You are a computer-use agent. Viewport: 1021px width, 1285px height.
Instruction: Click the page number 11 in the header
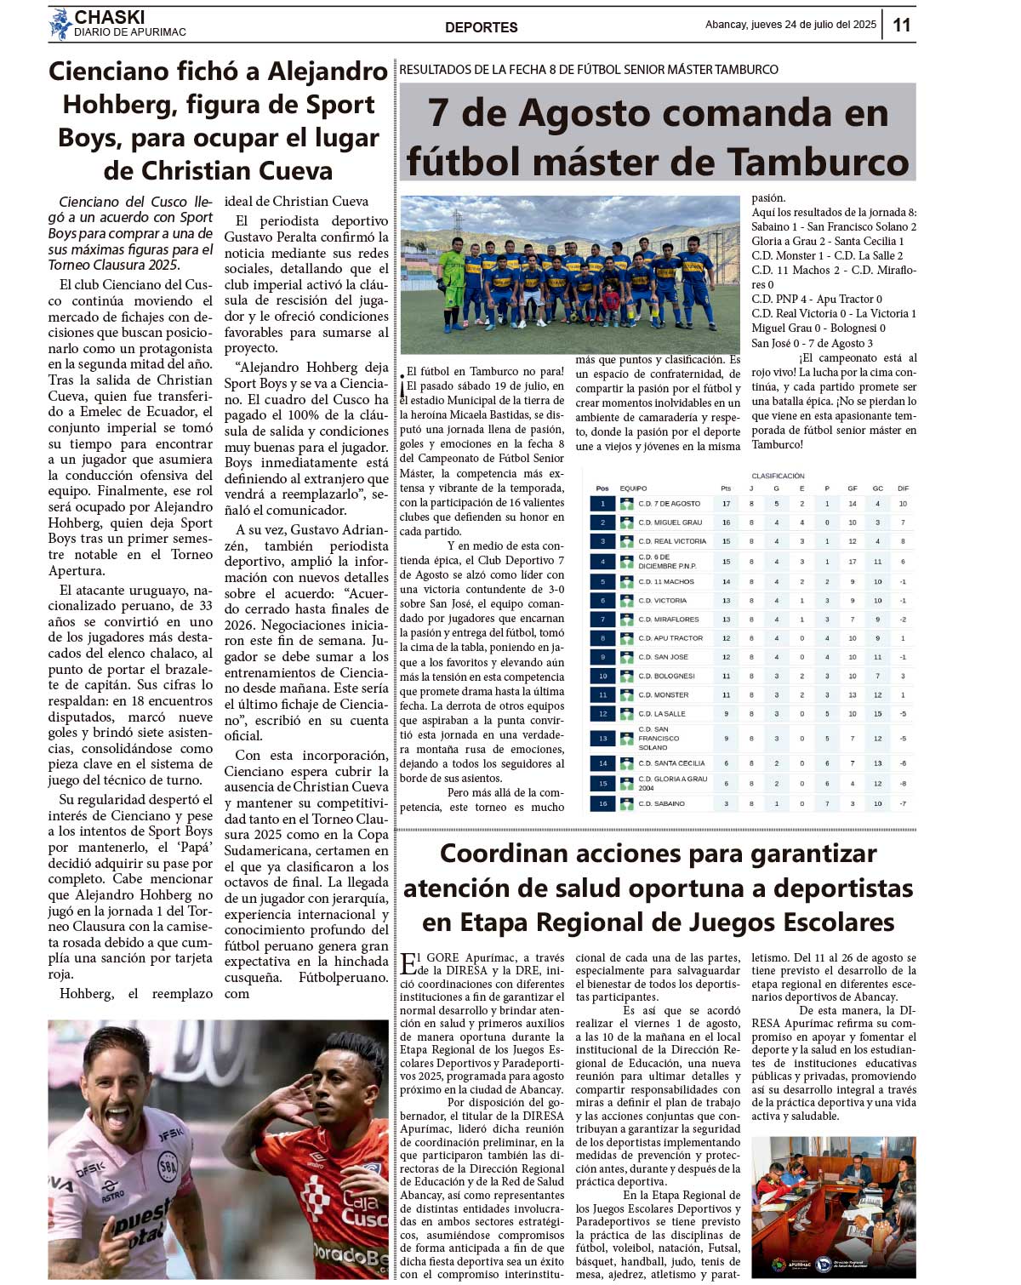click(x=901, y=25)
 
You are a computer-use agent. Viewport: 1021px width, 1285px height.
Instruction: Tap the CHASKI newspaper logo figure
click(x=60, y=24)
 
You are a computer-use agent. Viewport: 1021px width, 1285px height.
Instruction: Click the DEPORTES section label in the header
click(x=481, y=27)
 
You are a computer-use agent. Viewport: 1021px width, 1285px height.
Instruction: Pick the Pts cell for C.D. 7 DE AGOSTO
click(x=726, y=504)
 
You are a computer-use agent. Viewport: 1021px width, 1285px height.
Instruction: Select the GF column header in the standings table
click(x=852, y=488)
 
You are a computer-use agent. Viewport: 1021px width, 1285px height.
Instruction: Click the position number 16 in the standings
click(x=602, y=803)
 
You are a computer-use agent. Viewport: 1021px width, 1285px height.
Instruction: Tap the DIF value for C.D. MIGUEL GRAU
click(x=903, y=523)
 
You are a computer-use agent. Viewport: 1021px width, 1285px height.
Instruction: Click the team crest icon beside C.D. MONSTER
click(x=626, y=694)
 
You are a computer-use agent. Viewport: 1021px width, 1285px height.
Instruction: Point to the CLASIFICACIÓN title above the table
click(x=778, y=476)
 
